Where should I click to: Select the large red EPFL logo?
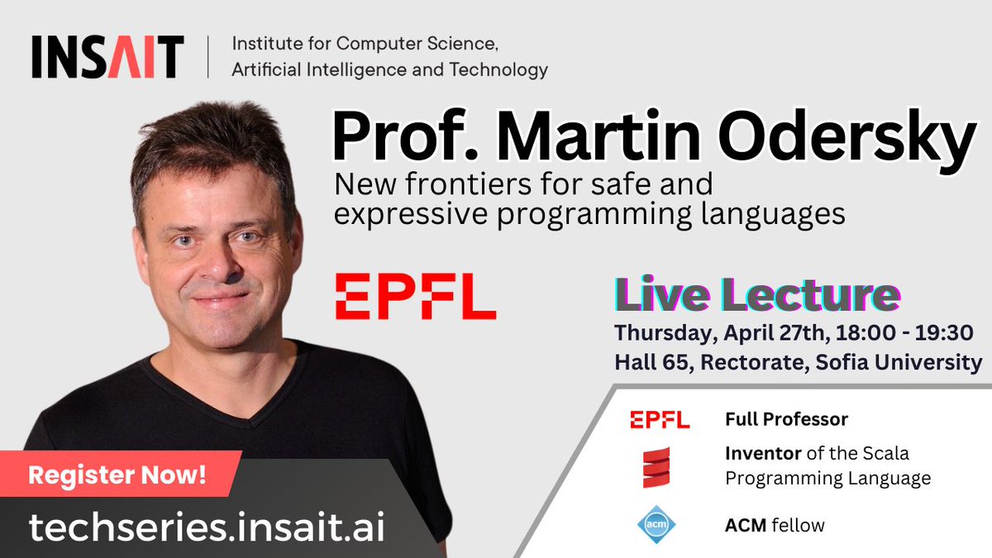(x=415, y=298)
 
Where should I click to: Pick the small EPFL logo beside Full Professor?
(x=659, y=419)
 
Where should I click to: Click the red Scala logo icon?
(x=657, y=467)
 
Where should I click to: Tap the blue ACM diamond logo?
(x=657, y=524)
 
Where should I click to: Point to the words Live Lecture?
(x=756, y=297)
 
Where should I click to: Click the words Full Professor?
(x=786, y=419)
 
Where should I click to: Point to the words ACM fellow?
(x=775, y=525)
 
